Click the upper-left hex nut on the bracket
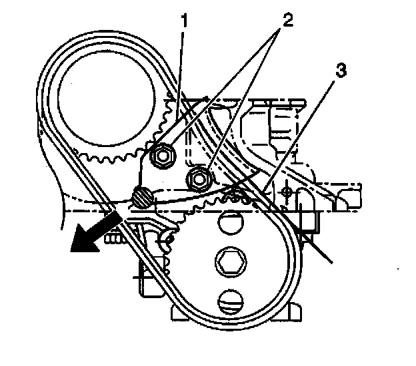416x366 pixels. click(x=161, y=156)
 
